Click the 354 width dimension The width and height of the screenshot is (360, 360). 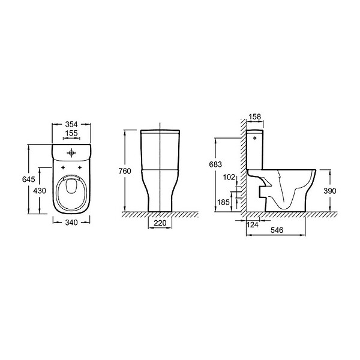(71, 124)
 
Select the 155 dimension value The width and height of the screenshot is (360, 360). (71, 133)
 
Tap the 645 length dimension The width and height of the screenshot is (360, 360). (29, 179)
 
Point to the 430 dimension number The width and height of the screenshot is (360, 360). (40, 191)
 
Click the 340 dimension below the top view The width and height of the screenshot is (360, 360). (71, 223)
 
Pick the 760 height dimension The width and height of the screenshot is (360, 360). (125, 171)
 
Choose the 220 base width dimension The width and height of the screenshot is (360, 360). (160, 223)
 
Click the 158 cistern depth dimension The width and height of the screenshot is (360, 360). (255, 116)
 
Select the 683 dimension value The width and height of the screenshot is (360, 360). (215, 164)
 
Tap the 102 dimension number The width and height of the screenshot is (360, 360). (229, 177)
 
